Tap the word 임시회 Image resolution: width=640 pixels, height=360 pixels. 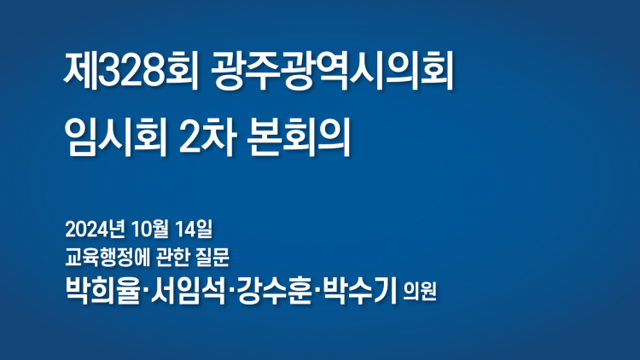(115, 137)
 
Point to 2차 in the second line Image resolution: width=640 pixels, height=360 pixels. (207, 137)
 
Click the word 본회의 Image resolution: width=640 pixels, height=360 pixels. (299, 137)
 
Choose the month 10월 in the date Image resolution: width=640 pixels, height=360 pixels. (150, 229)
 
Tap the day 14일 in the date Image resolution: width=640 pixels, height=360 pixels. (194, 229)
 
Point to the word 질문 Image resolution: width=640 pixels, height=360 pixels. (212, 258)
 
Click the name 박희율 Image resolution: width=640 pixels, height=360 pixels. (102, 290)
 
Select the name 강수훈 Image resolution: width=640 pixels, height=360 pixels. (274, 290)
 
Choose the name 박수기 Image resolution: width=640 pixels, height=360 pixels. (359, 290)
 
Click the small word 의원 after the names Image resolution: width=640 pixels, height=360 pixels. (420, 292)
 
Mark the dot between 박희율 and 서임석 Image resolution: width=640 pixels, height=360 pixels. (146, 290)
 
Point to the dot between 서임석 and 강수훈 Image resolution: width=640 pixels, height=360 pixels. (231, 290)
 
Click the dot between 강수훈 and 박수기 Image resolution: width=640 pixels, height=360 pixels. (317, 290)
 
